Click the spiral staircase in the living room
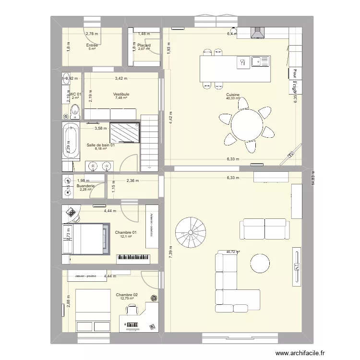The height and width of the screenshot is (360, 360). [190, 231]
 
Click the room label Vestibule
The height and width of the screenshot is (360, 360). [121, 94]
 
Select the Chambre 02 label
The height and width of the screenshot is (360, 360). [127, 294]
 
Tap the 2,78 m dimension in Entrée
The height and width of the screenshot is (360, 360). [92, 34]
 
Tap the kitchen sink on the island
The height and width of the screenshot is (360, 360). [262, 61]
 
